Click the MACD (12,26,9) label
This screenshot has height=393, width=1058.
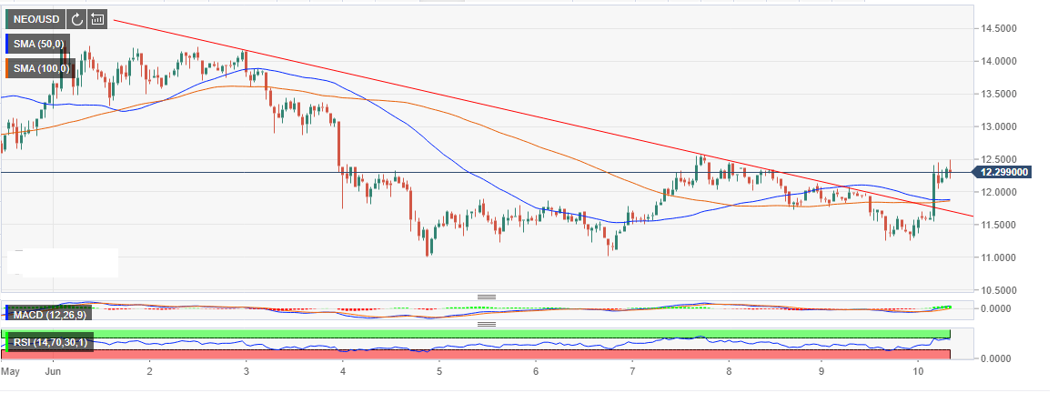point(47,315)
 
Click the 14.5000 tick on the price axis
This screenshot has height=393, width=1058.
point(1000,28)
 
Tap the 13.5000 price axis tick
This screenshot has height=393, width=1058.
point(1000,94)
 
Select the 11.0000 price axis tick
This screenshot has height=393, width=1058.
point(1000,257)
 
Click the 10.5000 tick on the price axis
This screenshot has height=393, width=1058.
point(1000,290)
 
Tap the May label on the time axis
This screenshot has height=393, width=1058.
point(10,371)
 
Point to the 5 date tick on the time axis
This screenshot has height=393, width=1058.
point(439,371)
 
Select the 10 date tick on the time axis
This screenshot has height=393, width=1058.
point(919,371)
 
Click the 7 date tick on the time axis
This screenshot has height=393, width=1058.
point(632,371)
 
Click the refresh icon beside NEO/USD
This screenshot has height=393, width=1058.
point(76,18)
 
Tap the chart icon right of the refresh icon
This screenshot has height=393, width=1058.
point(97,18)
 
